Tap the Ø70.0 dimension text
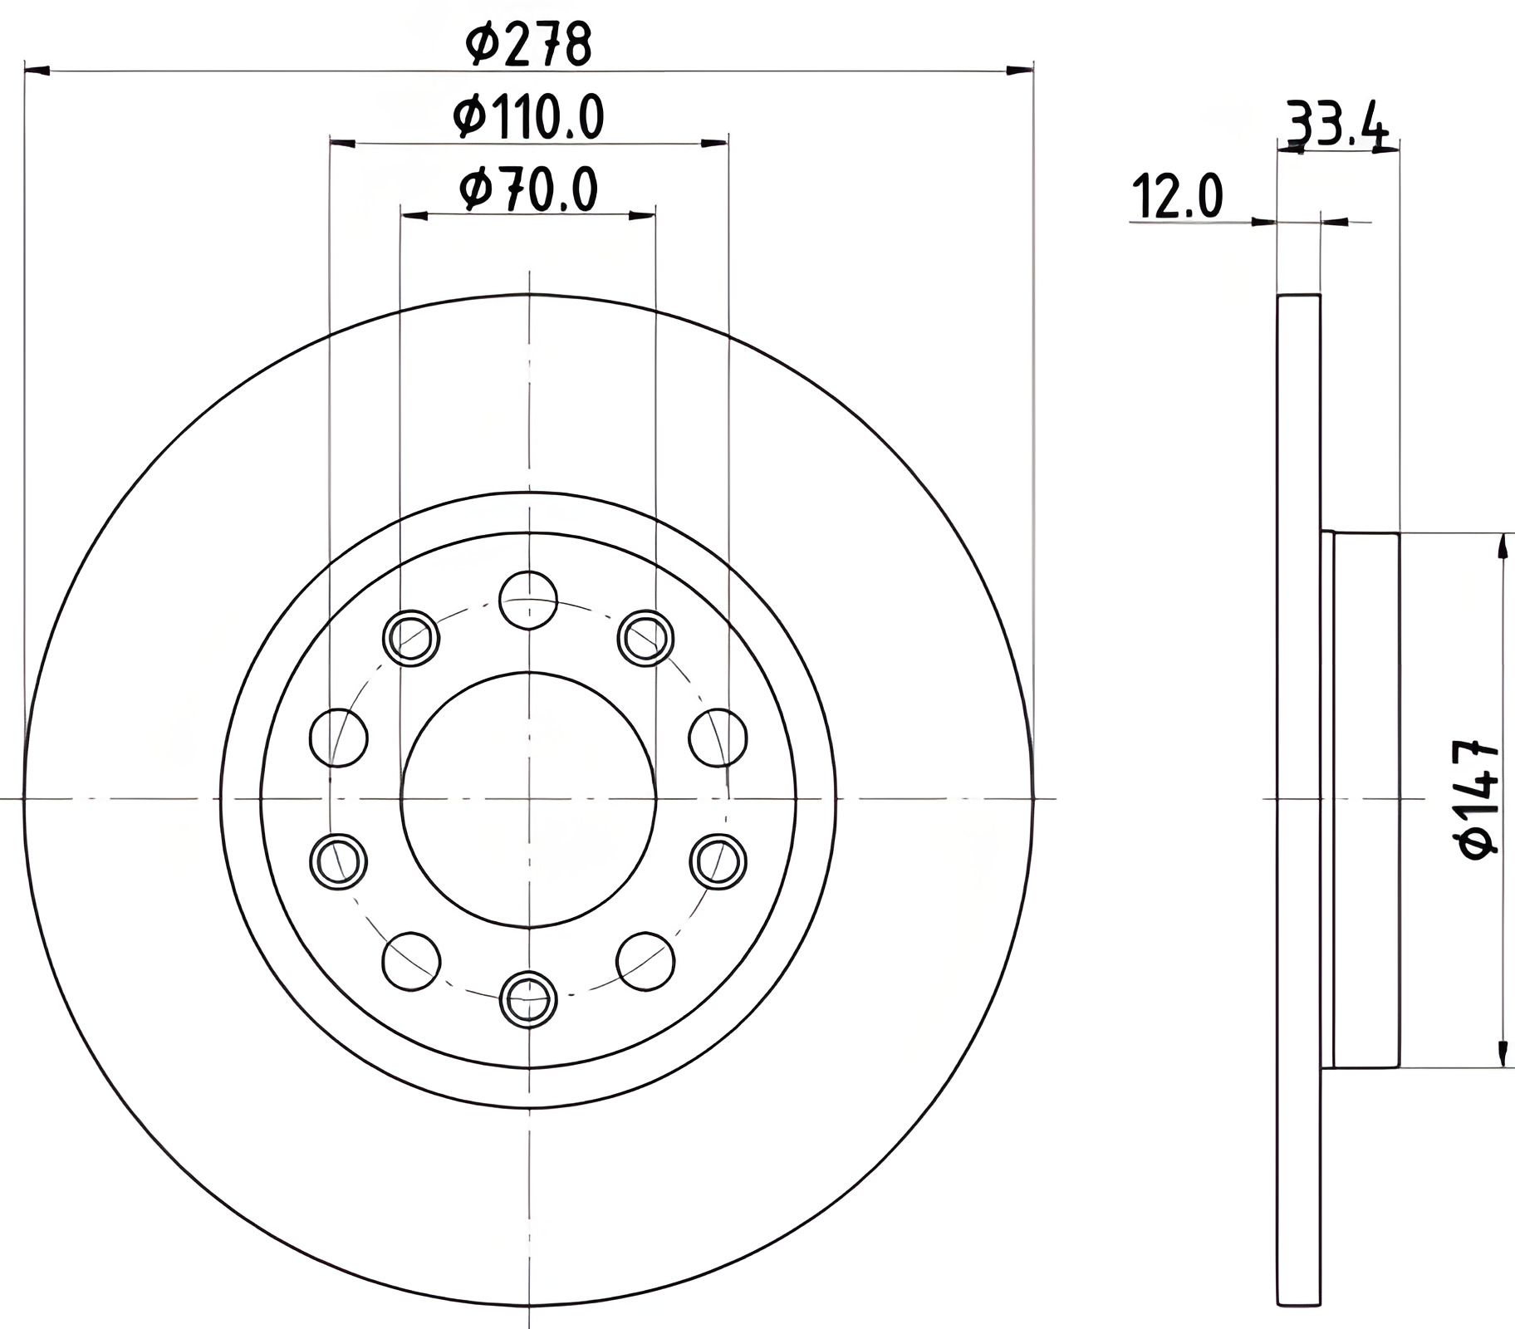coord(529,189)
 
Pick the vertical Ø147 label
coord(1479,799)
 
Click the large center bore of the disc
coord(528,798)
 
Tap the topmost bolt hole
coord(528,600)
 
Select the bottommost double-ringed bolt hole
coord(528,998)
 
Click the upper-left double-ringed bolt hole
coord(411,638)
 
